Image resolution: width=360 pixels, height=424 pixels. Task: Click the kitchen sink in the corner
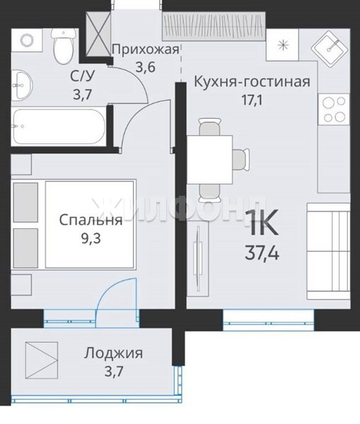(330, 49)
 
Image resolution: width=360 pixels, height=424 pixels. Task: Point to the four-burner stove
(334, 110)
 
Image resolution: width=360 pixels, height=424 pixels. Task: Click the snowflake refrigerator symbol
(282, 45)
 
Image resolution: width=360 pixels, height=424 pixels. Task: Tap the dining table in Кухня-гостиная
(210, 160)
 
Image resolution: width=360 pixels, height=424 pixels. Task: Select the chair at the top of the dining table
(210, 126)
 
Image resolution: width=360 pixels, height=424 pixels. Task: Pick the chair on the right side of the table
(240, 160)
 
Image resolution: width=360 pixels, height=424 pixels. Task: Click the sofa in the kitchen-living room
(328, 252)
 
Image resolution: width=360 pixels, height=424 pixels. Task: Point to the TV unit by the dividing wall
(198, 259)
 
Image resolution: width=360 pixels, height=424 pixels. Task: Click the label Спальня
(91, 220)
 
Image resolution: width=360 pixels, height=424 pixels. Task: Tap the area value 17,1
(252, 100)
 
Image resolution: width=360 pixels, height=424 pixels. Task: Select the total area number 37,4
(262, 254)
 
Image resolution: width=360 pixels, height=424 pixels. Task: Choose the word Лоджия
(113, 353)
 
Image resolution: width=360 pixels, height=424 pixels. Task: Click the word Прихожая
(146, 49)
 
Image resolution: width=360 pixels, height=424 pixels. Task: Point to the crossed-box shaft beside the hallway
(98, 34)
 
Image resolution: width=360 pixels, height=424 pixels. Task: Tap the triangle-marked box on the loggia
(42, 360)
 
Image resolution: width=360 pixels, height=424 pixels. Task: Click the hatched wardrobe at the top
(214, 26)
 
